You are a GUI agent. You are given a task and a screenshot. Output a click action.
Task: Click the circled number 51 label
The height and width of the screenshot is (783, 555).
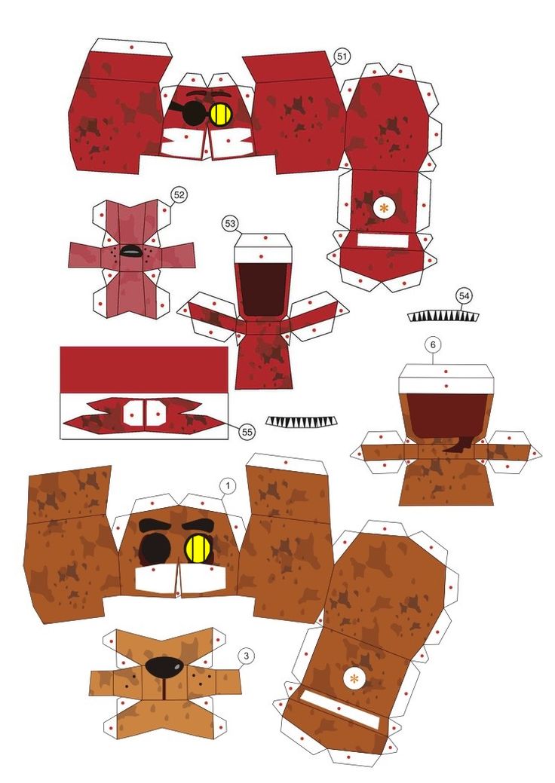click(342, 57)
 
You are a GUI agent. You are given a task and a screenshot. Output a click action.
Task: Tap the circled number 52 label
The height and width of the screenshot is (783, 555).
click(179, 194)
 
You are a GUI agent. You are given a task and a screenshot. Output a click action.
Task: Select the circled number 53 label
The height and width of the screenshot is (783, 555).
click(230, 224)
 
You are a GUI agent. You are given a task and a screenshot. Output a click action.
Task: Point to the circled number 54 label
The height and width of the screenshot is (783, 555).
click(464, 296)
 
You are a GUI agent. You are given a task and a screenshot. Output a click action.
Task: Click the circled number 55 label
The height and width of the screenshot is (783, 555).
click(247, 432)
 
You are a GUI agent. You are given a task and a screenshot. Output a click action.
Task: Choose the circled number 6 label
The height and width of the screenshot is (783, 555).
click(433, 344)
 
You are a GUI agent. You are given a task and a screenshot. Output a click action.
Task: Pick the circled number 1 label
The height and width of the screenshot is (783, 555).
click(228, 485)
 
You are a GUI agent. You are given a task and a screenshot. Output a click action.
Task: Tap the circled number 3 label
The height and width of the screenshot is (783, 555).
click(245, 656)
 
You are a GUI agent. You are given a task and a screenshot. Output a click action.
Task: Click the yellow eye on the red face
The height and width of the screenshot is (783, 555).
click(221, 114)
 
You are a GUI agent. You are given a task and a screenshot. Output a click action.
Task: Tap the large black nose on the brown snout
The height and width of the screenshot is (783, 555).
click(164, 667)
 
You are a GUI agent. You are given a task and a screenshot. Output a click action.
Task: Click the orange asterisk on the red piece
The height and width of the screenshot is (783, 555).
click(384, 209)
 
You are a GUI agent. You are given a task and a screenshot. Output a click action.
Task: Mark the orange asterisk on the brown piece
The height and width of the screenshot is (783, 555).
click(354, 679)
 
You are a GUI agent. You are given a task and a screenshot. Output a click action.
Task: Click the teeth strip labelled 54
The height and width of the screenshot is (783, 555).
click(443, 316)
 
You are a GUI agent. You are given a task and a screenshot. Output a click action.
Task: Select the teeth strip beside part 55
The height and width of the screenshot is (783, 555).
click(301, 421)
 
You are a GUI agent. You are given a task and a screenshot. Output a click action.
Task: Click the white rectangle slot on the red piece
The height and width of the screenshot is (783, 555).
click(383, 240)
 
